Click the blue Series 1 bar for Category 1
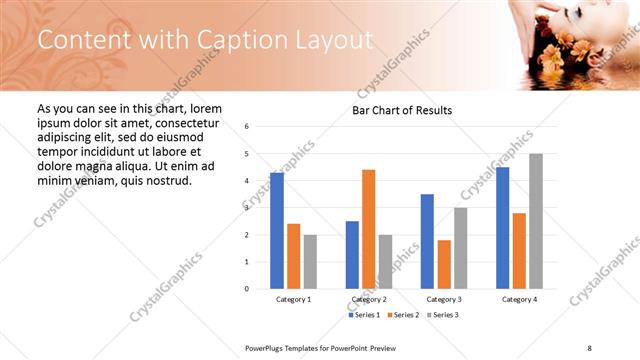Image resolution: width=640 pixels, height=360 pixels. coord(277,231)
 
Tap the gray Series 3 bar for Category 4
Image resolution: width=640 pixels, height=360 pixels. coord(536,221)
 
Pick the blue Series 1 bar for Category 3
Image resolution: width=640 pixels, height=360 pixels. coord(427,241)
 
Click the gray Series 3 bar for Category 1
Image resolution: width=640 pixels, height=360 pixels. coord(310,262)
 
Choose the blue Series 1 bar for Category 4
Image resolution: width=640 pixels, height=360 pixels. coord(502,228)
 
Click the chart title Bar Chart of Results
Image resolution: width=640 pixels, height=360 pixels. coord(402,110)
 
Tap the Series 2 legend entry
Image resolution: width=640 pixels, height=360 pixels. coord(404,315)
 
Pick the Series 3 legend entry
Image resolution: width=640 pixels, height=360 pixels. coord(443,315)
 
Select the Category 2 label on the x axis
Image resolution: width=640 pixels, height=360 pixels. coord(368,299)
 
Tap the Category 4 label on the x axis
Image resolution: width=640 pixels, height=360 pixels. coord(519,299)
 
